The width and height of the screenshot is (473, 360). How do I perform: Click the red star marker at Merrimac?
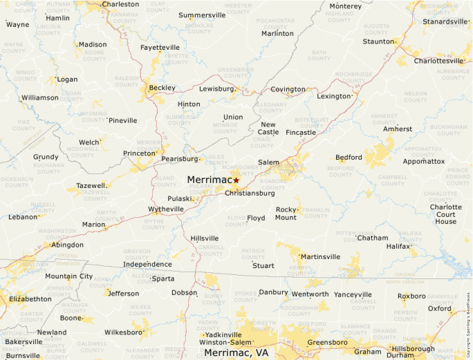coord(236,180)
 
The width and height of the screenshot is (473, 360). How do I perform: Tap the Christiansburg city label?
coord(250,193)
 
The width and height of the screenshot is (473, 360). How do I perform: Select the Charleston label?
coord(120,4)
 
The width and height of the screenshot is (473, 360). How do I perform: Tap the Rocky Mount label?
coord(286,214)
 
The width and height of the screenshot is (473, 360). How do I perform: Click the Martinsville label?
coord(320,257)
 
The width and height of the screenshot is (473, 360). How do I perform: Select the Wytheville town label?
coord(166,209)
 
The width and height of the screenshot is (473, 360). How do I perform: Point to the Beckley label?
coord(162,88)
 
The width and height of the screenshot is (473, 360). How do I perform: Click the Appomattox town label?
coord(424,161)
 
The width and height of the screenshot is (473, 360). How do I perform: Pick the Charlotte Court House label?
coord(445,214)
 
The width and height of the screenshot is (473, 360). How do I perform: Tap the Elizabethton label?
coord(30,299)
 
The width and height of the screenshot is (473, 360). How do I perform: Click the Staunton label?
coord(378,41)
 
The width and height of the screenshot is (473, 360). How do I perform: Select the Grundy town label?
coord(46,157)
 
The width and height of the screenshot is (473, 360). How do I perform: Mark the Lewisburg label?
coord(216,89)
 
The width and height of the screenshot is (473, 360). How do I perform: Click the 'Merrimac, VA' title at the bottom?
coord(236,352)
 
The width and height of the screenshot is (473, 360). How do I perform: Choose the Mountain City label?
coord(68,276)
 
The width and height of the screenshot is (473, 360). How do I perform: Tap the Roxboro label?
coord(412,296)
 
